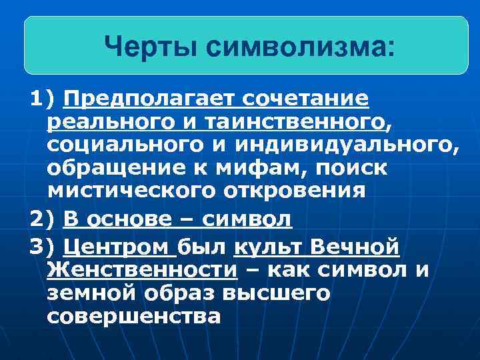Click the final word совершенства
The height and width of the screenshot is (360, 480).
(x=134, y=316)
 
